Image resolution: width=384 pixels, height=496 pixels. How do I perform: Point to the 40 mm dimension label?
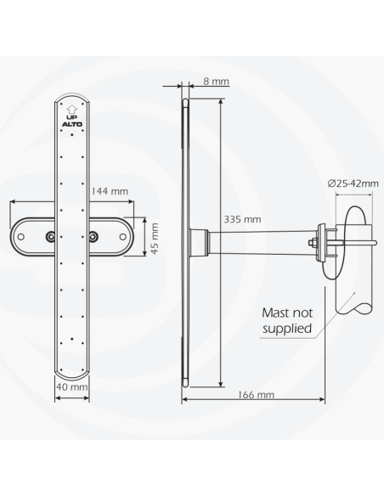tap(73, 387)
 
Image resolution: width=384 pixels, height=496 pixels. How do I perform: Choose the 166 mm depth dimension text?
tap(257, 394)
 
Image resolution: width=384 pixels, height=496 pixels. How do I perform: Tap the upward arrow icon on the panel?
tap(71, 109)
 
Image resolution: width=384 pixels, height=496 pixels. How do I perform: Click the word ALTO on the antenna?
tap(71, 127)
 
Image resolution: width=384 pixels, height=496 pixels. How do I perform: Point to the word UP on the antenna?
tap(71, 118)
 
